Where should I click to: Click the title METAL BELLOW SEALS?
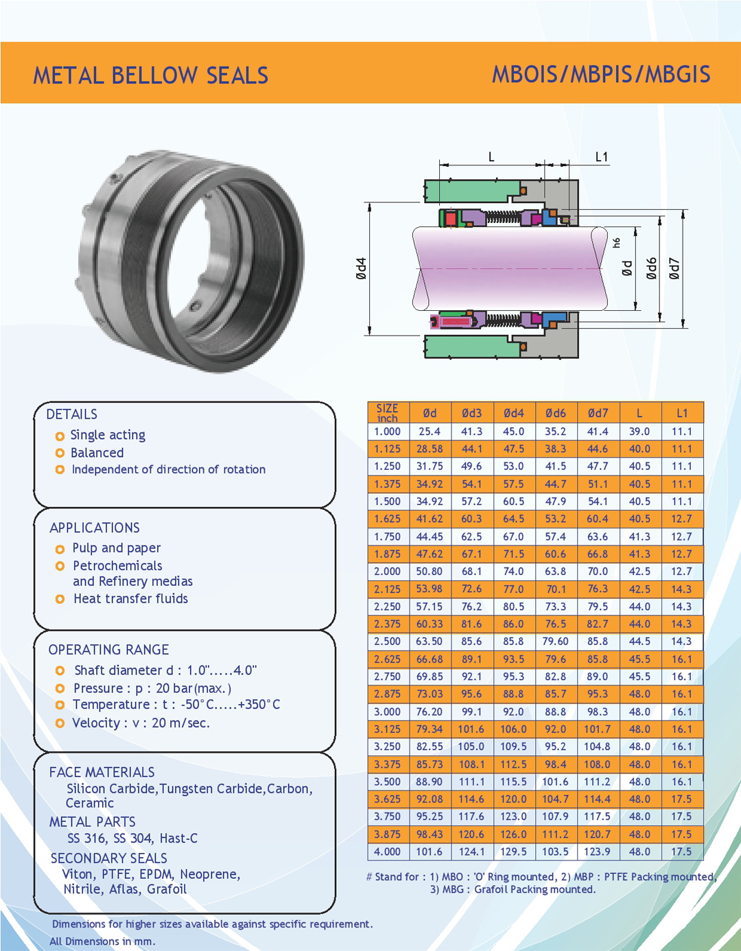[150, 75]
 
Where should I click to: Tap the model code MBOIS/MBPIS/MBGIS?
[601, 74]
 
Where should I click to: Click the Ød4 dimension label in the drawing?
[362, 268]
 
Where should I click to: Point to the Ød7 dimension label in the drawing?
[674, 268]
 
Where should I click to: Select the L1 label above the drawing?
[601, 157]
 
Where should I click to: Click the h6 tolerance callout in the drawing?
[617, 243]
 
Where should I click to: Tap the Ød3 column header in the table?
[471, 413]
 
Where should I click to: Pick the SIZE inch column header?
[387, 412]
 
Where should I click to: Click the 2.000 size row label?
[387, 571]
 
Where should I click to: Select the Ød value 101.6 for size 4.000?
[429, 852]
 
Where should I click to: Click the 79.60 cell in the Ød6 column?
[555, 641]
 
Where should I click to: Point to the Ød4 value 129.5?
[513, 852]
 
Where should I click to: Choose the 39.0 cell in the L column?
[639, 431]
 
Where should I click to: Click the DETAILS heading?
[72, 414]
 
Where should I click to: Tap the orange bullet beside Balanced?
[60, 453]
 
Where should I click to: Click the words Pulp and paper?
[117, 548]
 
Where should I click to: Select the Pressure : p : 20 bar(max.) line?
[152, 688]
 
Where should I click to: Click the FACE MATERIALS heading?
[102, 772]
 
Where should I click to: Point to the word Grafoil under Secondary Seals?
[167, 889]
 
